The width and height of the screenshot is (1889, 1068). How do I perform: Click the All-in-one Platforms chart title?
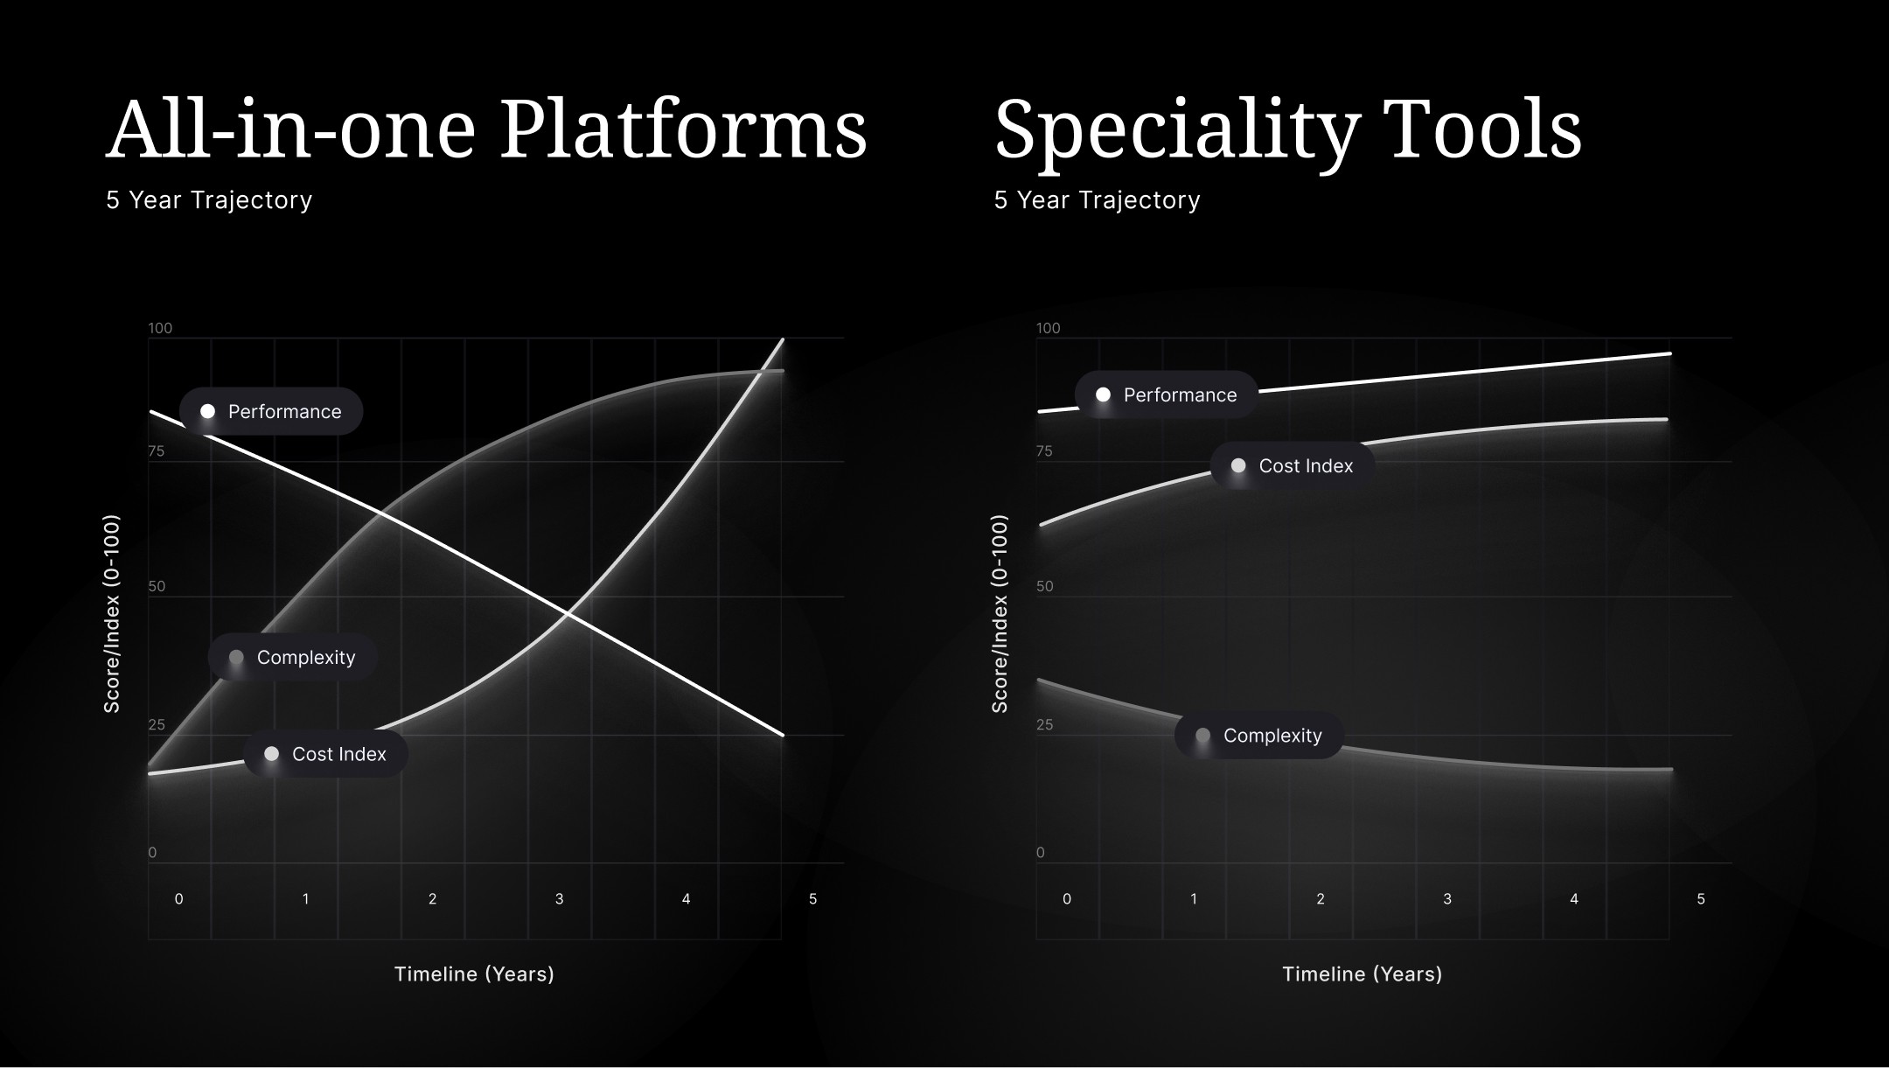click(x=485, y=129)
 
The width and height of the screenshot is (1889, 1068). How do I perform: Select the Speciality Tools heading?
click(x=1287, y=129)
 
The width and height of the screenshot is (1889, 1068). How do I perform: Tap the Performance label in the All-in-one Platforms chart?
click(x=284, y=412)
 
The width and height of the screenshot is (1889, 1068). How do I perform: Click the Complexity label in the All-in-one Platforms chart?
click(x=305, y=658)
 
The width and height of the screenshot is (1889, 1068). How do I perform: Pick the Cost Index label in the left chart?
click(x=338, y=754)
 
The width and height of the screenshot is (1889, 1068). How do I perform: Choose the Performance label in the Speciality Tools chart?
click(x=1180, y=395)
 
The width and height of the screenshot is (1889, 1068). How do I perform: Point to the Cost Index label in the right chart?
click(x=1305, y=466)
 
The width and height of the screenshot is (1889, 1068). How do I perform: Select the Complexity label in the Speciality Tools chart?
click(x=1272, y=736)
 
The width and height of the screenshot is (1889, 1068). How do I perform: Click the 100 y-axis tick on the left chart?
click(x=160, y=329)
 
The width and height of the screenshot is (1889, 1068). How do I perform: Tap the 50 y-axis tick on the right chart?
click(x=1044, y=587)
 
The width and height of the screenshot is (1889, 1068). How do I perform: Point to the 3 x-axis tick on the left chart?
click(x=559, y=899)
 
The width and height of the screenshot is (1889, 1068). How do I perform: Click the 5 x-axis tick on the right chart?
click(x=1700, y=899)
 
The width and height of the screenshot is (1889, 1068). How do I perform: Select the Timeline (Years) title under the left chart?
click(x=474, y=974)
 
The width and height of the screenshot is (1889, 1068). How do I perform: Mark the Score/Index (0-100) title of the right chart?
click(x=1000, y=614)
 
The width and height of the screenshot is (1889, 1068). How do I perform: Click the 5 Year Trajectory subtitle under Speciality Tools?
click(x=1097, y=200)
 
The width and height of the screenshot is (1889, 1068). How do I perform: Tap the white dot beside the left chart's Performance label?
click(x=207, y=411)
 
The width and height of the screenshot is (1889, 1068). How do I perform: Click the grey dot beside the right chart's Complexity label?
click(x=1202, y=736)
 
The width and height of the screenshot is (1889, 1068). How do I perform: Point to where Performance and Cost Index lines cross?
click(x=568, y=615)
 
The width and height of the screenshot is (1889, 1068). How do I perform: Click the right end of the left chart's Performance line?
click(x=783, y=735)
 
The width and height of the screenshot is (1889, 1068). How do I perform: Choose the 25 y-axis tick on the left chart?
click(x=157, y=725)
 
